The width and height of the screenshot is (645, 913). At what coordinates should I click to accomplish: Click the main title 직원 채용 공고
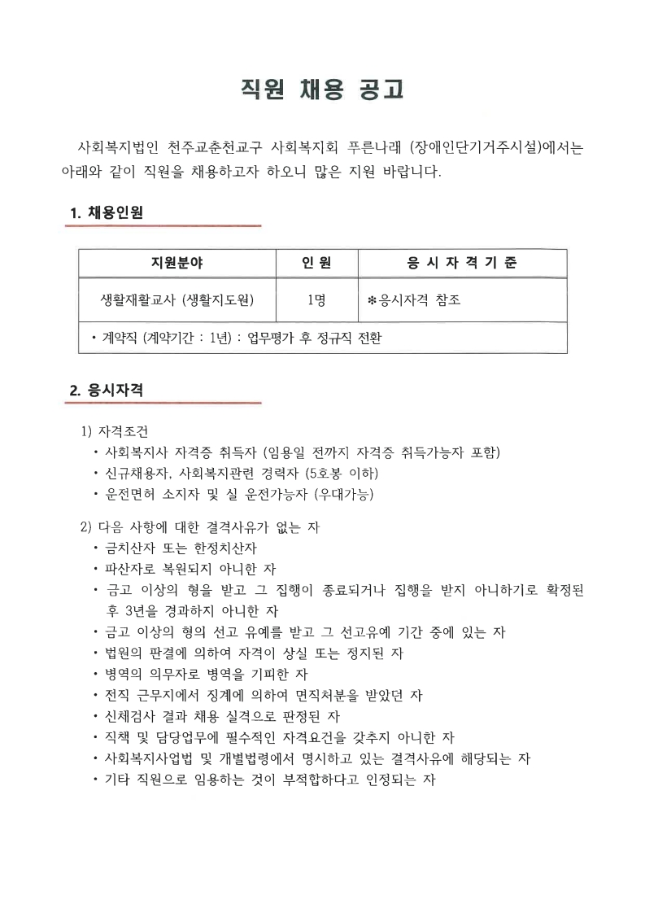tap(322, 90)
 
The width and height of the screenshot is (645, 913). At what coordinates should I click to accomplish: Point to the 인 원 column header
tap(316, 264)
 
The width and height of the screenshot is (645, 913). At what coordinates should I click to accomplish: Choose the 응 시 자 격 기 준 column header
tap(462, 264)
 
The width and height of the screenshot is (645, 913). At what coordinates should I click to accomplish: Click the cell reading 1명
tap(316, 300)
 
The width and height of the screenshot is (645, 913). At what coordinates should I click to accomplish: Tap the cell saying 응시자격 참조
tap(419, 300)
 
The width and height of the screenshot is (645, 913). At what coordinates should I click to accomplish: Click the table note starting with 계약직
tap(236, 337)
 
